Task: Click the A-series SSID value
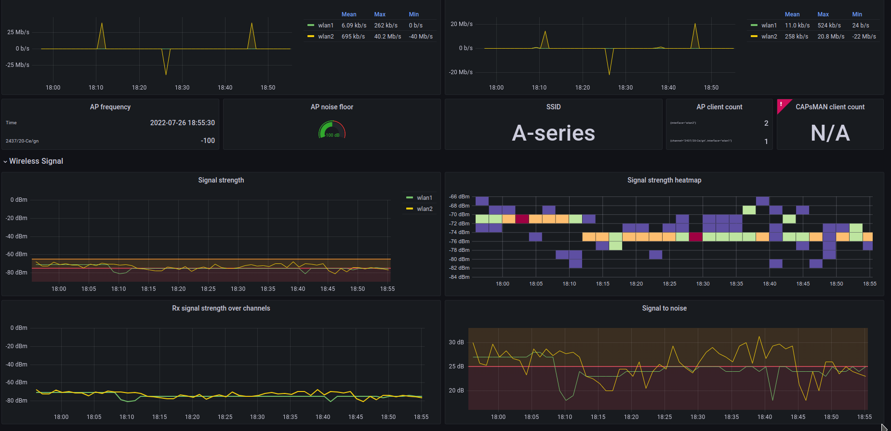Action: pyautogui.click(x=553, y=133)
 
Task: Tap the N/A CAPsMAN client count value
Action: pyautogui.click(x=830, y=133)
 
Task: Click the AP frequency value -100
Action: pyautogui.click(x=208, y=141)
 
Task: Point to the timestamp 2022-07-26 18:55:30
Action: pyautogui.click(x=182, y=123)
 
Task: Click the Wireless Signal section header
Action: pyautogui.click(x=36, y=161)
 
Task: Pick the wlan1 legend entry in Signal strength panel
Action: pyautogui.click(x=424, y=198)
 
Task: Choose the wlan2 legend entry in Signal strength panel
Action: pyautogui.click(x=424, y=209)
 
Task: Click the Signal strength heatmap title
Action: pyautogui.click(x=664, y=180)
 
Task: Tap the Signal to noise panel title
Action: pyautogui.click(x=664, y=308)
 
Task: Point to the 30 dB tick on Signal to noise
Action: pyautogui.click(x=456, y=342)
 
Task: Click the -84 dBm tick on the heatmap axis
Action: pyautogui.click(x=459, y=277)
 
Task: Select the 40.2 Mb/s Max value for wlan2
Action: pyautogui.click(x=387, y=37)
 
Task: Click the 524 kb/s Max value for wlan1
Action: pyautogui.click(x=829, y=26)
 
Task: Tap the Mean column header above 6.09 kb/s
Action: pyautogui.click(x=349, y=14)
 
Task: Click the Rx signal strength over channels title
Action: pyautogui.click(x=221, y=308)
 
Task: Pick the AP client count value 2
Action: pyautogui.click(x=766, y=123)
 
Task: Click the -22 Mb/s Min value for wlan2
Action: pyautogui.click(x=864, y=37)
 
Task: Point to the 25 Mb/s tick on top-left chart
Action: pyautogui.click(x=18, y=32)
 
